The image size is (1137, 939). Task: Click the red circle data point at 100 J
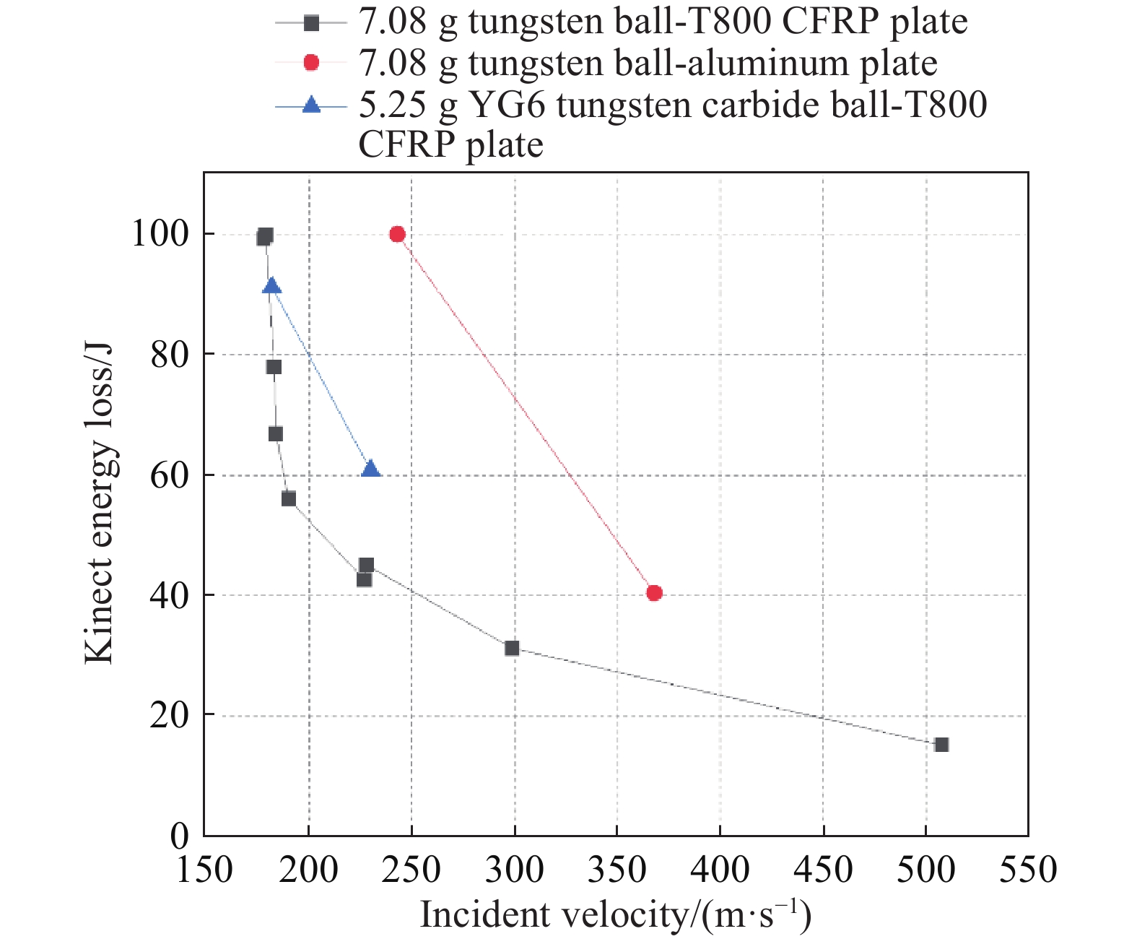coord(397,234)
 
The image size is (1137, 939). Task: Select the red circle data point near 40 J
coord(654,593)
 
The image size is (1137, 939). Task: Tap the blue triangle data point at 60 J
coord(370,469)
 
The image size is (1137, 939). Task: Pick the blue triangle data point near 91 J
coord(272,286)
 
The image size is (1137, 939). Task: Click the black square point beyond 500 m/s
coord(941,745)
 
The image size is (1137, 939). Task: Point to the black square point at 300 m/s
coord(512,649)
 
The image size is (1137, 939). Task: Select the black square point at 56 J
coord(289,499)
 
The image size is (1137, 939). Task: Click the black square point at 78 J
coord(274,367)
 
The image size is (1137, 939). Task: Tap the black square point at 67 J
coord(275,434)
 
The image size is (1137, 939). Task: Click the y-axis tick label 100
coord(160,234)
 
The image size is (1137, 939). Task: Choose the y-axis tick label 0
coord(179,836)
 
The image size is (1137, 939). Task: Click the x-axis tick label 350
coord(617,870)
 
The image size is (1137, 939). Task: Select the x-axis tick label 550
coord(1027,870)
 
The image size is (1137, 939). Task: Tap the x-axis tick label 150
coord(205,870)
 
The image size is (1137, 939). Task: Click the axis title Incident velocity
coord(615,915)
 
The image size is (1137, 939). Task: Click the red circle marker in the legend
coord(311,63)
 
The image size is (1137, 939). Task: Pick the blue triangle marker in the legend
coord(311,105)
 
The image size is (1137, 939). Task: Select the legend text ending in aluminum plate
coord(648,63)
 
